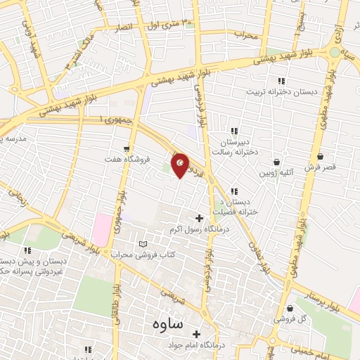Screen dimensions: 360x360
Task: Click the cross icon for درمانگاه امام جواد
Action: point(196,334)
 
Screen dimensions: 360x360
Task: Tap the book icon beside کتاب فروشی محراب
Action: point(144,243)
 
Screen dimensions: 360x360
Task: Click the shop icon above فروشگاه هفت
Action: point(127,148)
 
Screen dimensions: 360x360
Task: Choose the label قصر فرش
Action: point(321,167)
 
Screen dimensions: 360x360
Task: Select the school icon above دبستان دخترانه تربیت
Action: point(281,81)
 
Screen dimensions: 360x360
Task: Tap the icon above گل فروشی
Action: point(290,307)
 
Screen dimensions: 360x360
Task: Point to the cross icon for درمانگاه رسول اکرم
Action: point(199,219)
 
